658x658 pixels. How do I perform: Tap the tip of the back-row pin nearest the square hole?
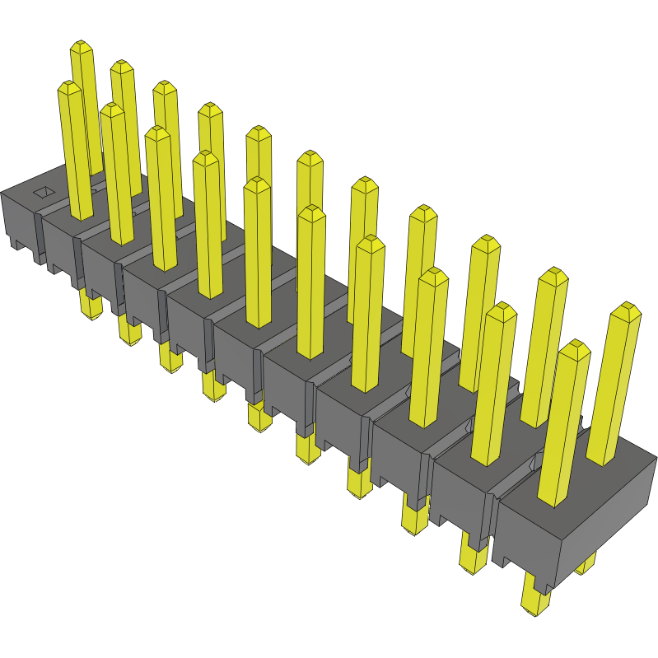(81, 48)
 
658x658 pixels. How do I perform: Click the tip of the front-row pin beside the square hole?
(69, 87)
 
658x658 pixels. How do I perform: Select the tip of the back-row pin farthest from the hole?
(627, 311)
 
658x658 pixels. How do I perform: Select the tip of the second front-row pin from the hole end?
(113, 110)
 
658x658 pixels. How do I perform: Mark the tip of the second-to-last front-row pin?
(500, 311)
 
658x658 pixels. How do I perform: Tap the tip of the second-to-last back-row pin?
(553, 275)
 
